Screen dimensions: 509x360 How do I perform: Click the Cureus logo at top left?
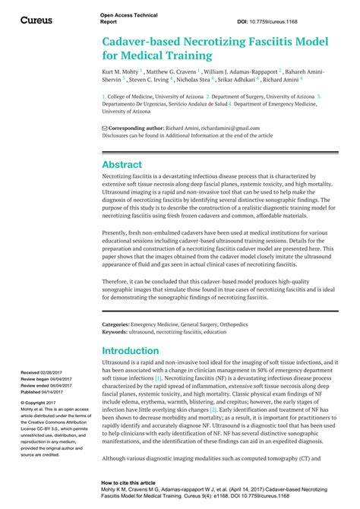(x=36, y=20)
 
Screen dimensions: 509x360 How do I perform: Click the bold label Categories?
(x=118, y=324)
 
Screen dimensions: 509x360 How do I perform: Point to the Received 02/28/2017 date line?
(x=41, y=374)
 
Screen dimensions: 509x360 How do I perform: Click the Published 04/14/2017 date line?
(x=43, y=392)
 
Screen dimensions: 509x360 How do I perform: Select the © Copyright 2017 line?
(x=40, y=403)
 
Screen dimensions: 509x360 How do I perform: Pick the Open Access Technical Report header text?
(x=123, y=19)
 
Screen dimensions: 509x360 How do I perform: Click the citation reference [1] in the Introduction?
(x=158, y=378)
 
